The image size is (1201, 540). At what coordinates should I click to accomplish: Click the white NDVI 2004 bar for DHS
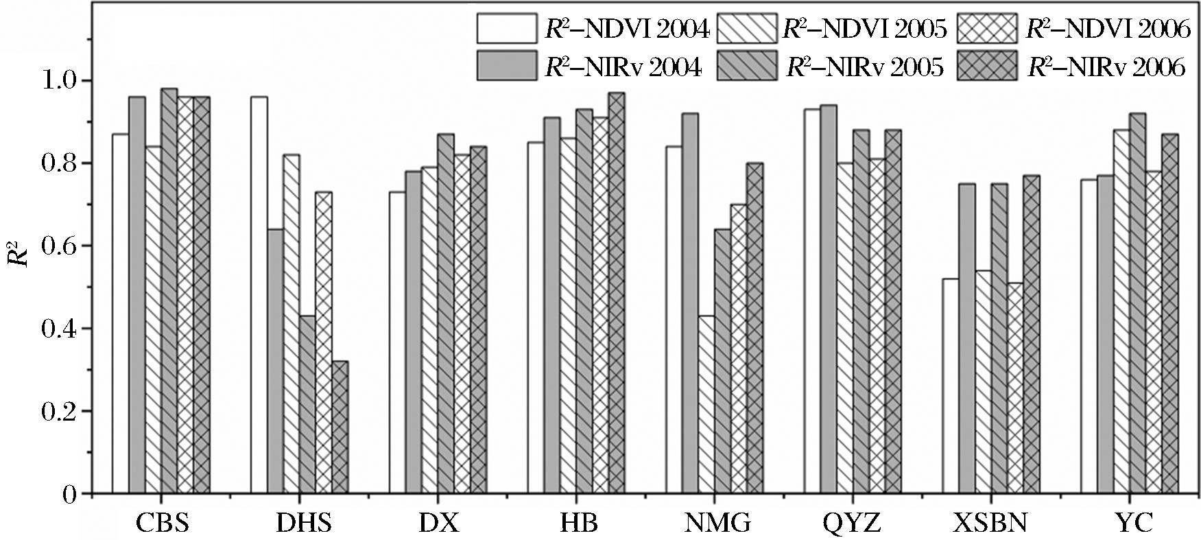pos(259,295)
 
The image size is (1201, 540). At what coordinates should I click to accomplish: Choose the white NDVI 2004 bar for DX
pos(397,342)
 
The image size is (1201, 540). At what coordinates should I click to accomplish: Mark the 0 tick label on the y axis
pos(69,494)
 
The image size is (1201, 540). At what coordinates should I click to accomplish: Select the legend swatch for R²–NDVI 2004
pos(508,30)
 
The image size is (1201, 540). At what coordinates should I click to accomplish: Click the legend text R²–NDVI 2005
pos(864,30)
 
